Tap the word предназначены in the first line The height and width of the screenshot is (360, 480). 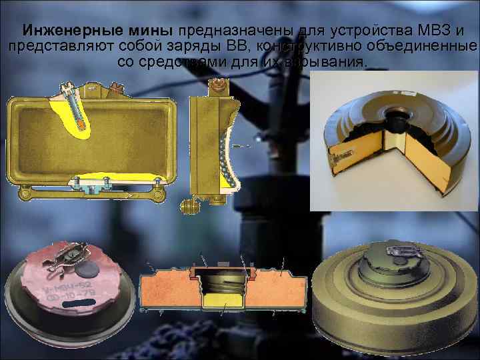[227, 32]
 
